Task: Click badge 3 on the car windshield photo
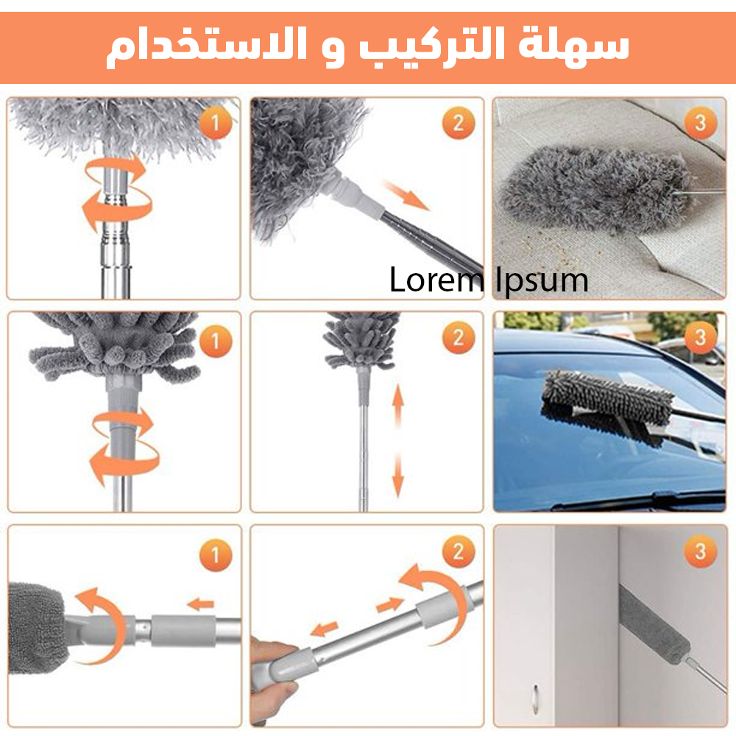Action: (x=699, y=338)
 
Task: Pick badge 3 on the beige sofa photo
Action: (x=699, y=123)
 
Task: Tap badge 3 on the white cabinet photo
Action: (x=699, y=551)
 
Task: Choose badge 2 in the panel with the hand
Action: (x=458, y=551)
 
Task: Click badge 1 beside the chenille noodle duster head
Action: (x=215, y=341)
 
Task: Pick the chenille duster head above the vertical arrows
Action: (x=361, y=339)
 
